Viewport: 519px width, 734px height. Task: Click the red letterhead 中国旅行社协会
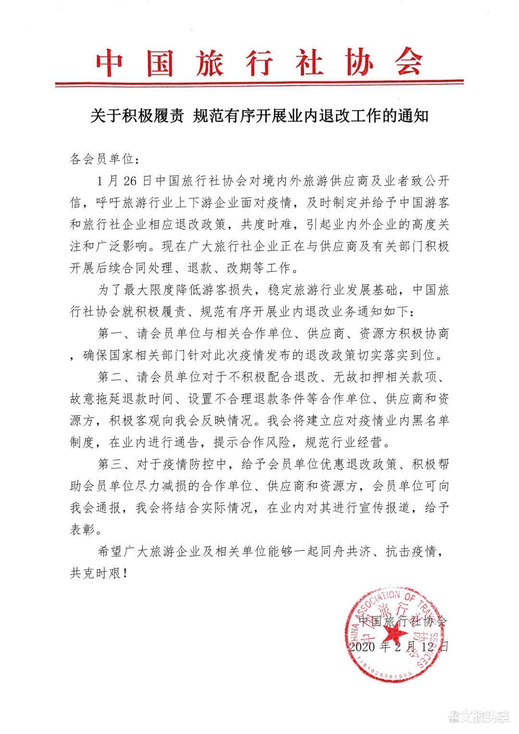click(259, 63)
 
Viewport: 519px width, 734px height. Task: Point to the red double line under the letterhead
click(259, 84)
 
